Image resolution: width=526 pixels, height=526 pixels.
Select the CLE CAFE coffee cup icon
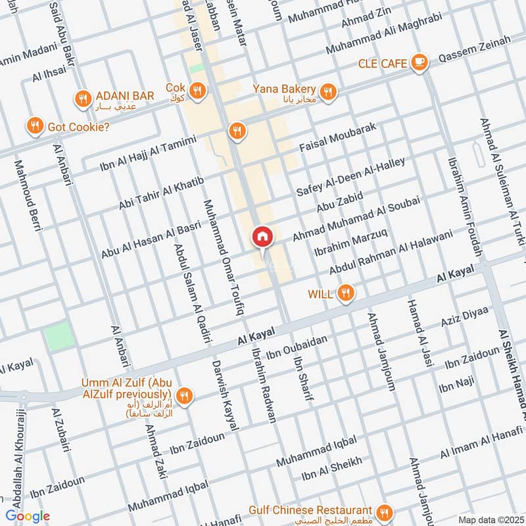418,62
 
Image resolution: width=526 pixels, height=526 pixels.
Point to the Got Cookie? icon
35,125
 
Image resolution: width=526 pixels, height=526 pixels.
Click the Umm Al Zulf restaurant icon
185,395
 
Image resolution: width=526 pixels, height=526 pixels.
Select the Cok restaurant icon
197,90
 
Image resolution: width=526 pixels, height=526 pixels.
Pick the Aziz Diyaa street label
466,318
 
